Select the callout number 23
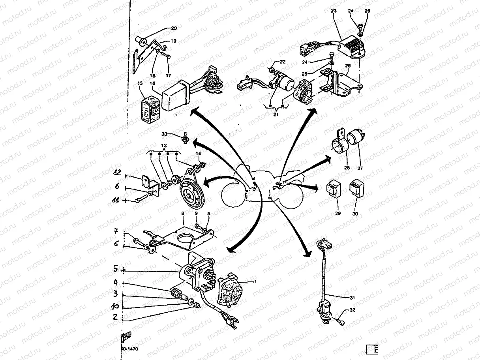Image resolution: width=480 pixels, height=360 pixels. click(x=334, y=12)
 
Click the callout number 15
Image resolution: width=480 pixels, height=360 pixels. click(x=139, y=83)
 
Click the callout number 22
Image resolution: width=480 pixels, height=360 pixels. click(x=283, y=62)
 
